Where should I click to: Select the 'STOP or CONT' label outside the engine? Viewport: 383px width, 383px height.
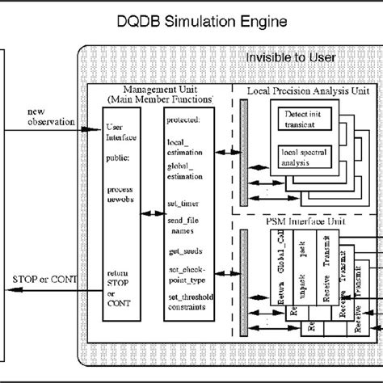coord(42,280)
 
